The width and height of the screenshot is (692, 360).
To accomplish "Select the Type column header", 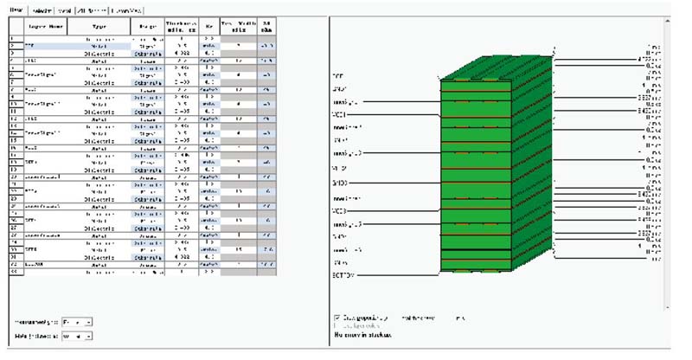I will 99,27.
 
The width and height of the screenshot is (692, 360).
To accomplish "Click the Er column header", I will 208,27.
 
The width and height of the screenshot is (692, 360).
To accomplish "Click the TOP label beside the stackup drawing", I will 338,75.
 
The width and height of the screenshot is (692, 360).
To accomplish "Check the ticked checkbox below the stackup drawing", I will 336,318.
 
